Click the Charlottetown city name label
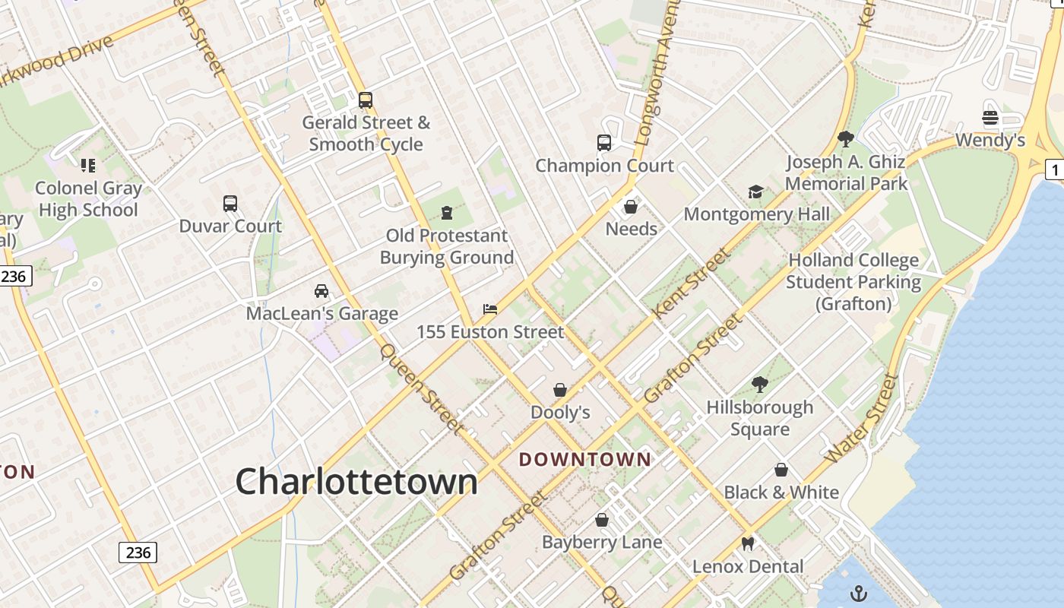point(356,482)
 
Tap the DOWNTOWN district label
point(585,459)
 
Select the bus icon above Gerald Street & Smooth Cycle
point(366,100)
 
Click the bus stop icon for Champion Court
point(604,143)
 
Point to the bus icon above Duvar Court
point(230,204)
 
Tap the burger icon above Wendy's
point(990,118)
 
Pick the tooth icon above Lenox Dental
point(748,543)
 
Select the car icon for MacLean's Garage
point(321,291)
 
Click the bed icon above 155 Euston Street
point(490,309)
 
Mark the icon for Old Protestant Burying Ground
point(446,212)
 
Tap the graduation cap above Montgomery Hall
point(755,192)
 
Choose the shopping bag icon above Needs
point(631,206)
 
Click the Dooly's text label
point(560,413)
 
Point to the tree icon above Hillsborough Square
point(759,384)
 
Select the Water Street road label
point(862,420)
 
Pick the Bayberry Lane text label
point(602,542)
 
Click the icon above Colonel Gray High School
point(88,165)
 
